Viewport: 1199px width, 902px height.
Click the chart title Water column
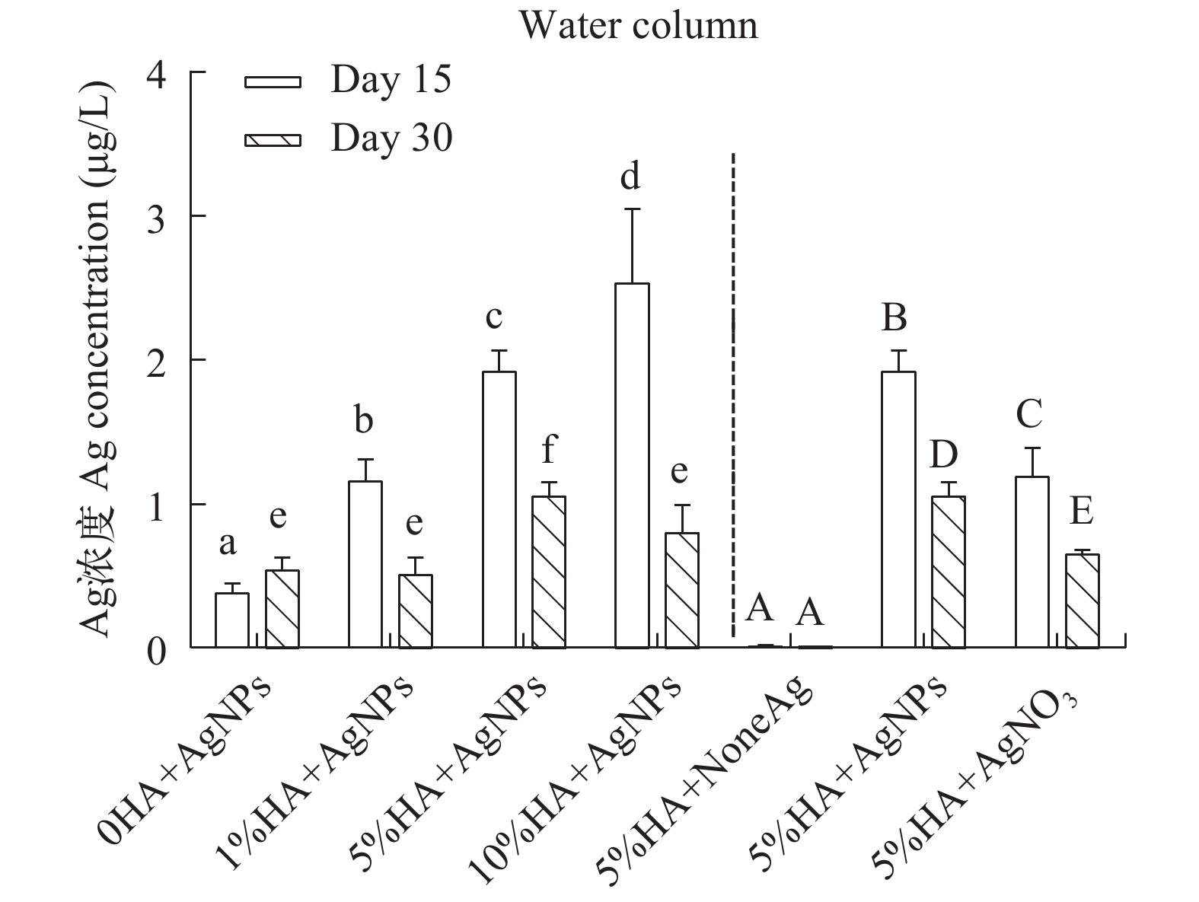pyautogui.click(x=639, y=26)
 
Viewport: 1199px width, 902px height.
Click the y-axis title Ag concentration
pyautogui.click(x=99, y=358)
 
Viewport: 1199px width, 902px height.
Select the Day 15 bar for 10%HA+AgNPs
pyautogui.click(x=632, y=465)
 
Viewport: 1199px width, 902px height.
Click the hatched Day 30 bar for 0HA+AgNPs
pyautogui.click(x=282, y=608)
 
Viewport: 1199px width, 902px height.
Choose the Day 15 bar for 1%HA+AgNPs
pyautogui.click(x=365, y=564)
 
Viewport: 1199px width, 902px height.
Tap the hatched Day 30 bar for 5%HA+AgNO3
pyautogui.click(x=1082, y=601)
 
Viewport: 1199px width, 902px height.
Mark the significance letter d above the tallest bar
pyautogui.click(x=630, y=177)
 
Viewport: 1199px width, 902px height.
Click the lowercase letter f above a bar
pyautogui.click(x=548, y=451)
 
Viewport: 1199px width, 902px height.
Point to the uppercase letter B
pyautogui.click(x=894, y=317)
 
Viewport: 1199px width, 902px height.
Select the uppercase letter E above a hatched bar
pyautogui.click(x=1081, y=512)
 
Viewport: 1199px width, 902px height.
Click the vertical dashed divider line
pyautogui.click(x=733, y=396)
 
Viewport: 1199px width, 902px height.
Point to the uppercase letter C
pyautogui.click(x=1029, y=416)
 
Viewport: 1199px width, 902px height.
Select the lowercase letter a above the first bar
pyautogui.click(x=228, y=543)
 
